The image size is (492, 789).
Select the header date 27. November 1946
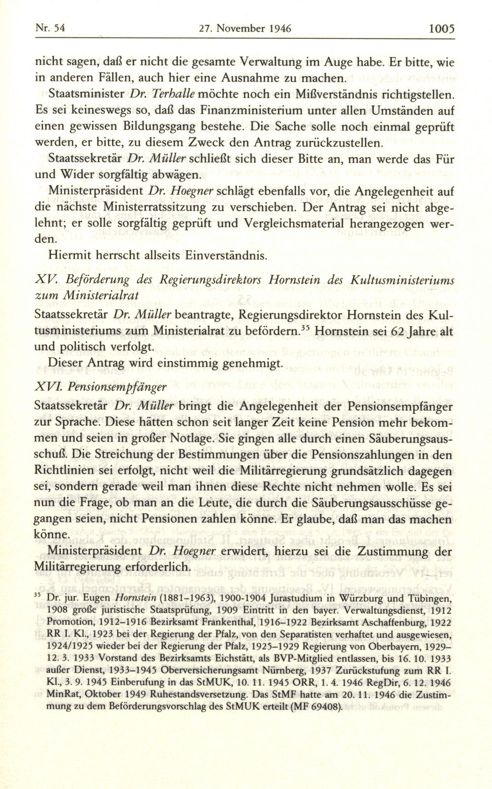246,29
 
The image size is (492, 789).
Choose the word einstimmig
195,364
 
